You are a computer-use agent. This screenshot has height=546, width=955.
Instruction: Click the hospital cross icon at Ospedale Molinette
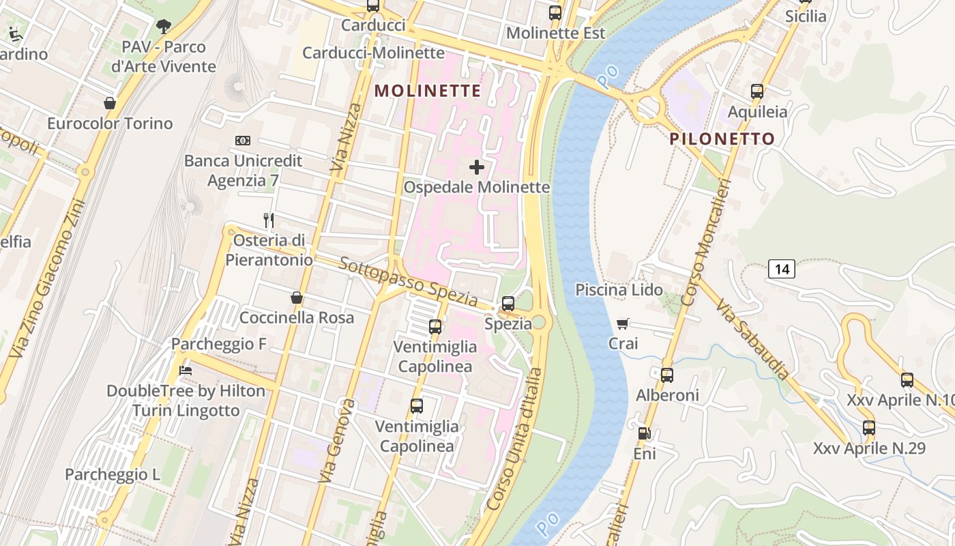click(x=477, y=167)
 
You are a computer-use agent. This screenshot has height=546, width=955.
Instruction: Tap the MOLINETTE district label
click(x=428, y=91)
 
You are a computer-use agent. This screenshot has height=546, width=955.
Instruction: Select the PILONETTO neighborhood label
click(x=722, y=139)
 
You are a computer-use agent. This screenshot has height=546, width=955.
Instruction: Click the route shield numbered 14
click(x=782, y=269)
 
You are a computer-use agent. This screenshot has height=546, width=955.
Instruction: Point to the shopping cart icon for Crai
click(x=622, y=324)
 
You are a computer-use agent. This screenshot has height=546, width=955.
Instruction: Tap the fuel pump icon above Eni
click(x=644, y=433)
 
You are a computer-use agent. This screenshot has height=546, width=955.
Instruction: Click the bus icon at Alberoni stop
click(x=666, y=375)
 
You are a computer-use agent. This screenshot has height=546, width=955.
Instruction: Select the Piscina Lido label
click(x=619, y=290)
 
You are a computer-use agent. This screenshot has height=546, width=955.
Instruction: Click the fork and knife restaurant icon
click(x=269, y=220)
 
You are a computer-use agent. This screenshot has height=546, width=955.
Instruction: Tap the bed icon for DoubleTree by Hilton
click(x=185, y=371)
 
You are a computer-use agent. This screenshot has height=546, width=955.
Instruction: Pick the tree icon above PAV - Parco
click(x=163, y=27)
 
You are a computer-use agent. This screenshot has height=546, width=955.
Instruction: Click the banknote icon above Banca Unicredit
click(x=243, y=141)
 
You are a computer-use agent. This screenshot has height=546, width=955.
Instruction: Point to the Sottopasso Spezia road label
click(x=408, y=282)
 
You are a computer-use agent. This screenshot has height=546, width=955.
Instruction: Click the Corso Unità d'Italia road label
click(x=516, y=439)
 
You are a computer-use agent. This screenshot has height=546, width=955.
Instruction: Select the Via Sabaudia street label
click(x=754, y=339)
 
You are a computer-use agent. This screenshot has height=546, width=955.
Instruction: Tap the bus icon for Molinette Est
click(x=555, y=12)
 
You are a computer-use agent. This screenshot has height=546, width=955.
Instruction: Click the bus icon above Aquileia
click(x=756, y=91)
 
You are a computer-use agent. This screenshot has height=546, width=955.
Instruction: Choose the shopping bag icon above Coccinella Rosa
click(x=297, y=298)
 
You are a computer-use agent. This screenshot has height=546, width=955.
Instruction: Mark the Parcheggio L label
click(x=113, y=474)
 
